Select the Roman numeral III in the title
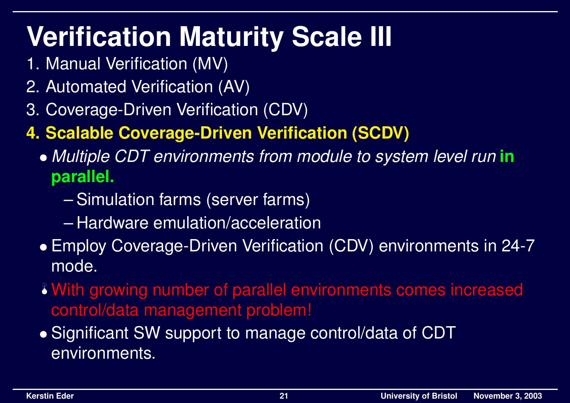(x=380, y=36)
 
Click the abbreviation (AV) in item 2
(x=234, y=87)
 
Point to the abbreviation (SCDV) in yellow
(x=380, y=133)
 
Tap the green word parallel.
(x=83, y=177)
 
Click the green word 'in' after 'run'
(x=507, y=156)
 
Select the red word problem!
(x=279, y=310)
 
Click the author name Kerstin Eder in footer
(x=50, y=396)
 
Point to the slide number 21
(x=284, y=396)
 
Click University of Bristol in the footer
(x=418, y=396)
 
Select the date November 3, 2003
(x=507, y=396)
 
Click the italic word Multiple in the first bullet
(x=80, y=156)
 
